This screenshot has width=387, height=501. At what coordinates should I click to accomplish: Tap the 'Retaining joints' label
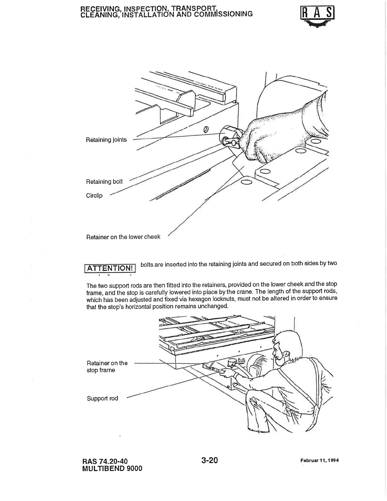tap(106, 140)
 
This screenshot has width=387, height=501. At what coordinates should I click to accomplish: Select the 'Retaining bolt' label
tap(104, 182)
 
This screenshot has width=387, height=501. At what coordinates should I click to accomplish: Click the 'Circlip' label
tap(94, 195)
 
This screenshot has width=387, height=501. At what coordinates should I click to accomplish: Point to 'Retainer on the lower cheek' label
tap(123, 237)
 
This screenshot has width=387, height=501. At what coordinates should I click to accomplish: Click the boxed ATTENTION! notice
tap(110, 268)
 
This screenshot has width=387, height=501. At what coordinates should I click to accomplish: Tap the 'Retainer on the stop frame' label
tap(107, 367)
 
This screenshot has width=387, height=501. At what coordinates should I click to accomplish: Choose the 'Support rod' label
tap(102, 399)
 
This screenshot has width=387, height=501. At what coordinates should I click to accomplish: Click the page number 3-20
tap(210, 460)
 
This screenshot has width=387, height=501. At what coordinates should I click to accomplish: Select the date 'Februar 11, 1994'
tap(319, 461)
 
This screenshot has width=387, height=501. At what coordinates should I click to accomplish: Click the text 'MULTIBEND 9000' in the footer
tap(112, 468)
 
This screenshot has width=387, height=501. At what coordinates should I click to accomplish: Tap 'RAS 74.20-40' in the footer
tap(105, 461)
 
